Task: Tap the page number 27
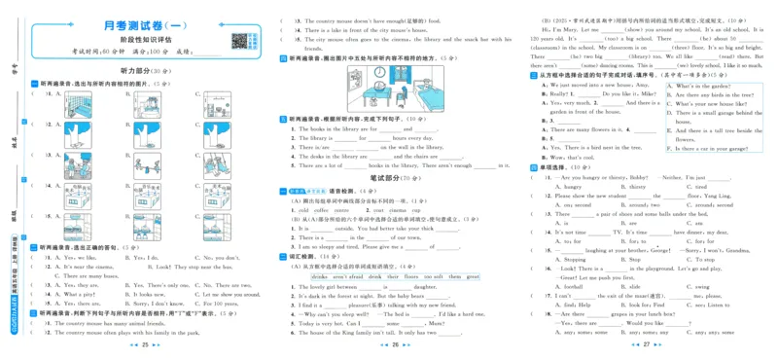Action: point(645,344)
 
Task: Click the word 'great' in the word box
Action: point(472,276)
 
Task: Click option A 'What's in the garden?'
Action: point(702,86)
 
